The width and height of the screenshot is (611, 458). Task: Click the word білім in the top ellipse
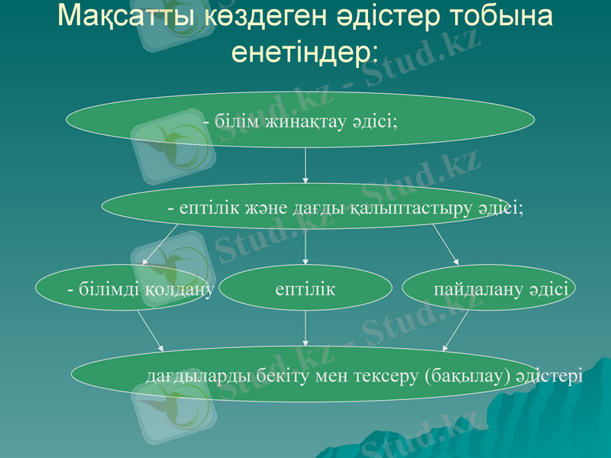(236, 121)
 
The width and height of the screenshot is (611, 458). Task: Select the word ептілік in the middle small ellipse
(305, 290)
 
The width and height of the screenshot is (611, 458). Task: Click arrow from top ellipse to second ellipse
(305, 166)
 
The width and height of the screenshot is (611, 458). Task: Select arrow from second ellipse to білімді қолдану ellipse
(160, 245)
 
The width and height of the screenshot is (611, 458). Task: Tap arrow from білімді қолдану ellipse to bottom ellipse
(150, 330)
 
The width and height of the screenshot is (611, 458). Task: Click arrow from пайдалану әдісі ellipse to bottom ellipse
(457, 330)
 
